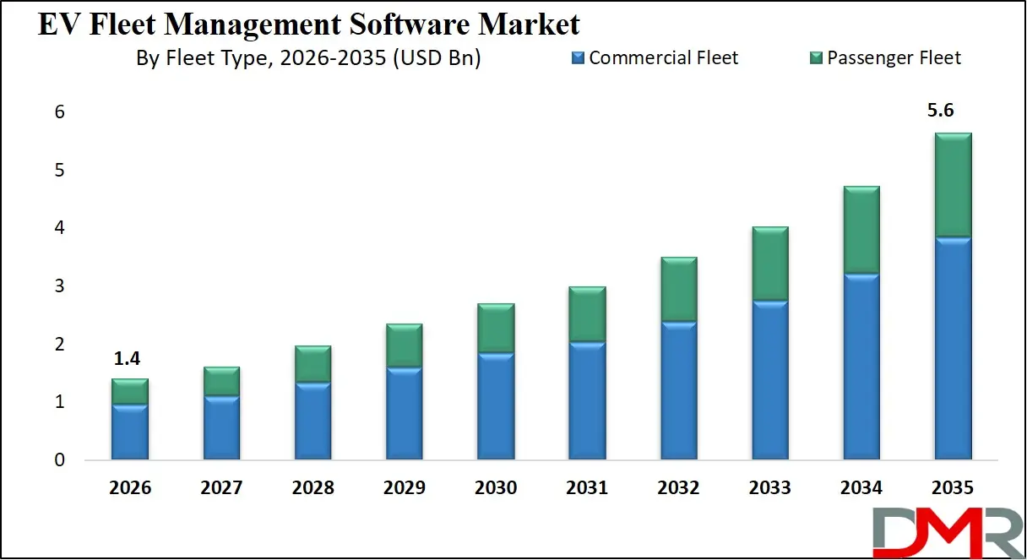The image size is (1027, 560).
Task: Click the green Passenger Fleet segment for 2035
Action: pyautogui.click(x=954, y=185)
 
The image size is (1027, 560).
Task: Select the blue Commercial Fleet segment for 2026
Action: pyautogui.click(x=130, y=432)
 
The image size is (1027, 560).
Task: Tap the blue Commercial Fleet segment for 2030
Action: pyautogui.click(x=496, y=406)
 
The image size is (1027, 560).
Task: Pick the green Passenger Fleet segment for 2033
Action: pyautogui.click(x=770, y=264)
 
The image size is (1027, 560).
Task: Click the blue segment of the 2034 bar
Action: pyautogui.click(x=861, y=367)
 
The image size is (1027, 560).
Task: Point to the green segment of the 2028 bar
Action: pyautogui.click(x=312, y=364)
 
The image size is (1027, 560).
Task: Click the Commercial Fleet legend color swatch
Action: pyautogui.click(x=578, y=58)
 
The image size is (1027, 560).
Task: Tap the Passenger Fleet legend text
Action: pyautogui.click(x=894, y=58)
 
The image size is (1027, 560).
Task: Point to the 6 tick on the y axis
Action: pyautogui.click(x=60, y=111)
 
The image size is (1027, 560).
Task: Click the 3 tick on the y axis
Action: pyautogui.click(x=60, y=286)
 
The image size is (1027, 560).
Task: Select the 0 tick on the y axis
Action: pyautogui.click(x=60, y=460)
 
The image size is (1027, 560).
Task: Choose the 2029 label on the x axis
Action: pyautogui.click(x=404, y=488)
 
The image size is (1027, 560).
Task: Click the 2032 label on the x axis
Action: pyautogui.click(x=678, y=488)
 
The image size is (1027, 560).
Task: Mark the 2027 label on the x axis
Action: pyautogui.click(x=221, y=488)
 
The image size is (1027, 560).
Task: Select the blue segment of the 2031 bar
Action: pyautogui.click(x=587, y=400)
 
